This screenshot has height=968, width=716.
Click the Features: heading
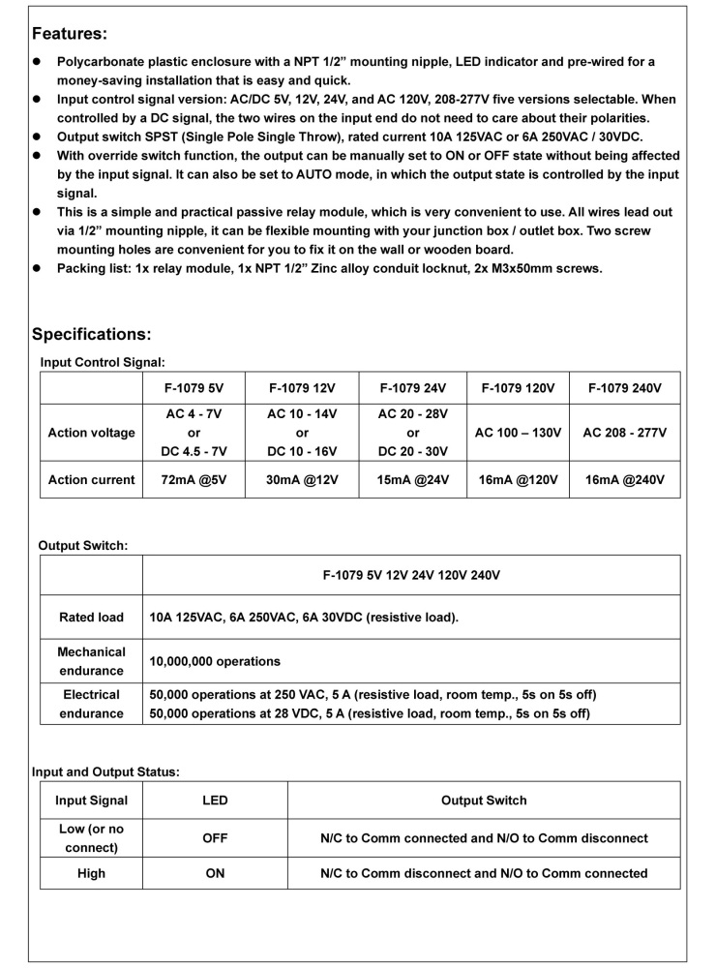click(x=70, y=34)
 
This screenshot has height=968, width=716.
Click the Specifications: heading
click(x=92, y=334)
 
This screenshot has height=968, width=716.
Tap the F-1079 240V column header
click(x=625, y=388)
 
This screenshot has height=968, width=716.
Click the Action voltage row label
click(x=91, y=433)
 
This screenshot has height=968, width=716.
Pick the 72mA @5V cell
click(x=194, y=480)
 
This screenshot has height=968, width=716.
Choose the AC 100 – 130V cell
click(x=518, y=433)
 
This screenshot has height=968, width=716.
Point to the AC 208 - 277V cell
click(x=625, y=433)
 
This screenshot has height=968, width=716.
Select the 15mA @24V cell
click(x=413, y=480)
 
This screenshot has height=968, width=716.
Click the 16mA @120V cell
click(x=518, y=480)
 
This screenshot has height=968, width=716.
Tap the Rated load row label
click(x=91, y=617)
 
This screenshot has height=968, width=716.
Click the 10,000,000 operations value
click(x=215, y=661)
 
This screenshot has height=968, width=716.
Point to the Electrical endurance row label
click(x=91, y=704)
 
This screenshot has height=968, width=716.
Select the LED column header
click(x=215, y=801)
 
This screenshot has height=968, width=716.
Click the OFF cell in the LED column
click(x=215, y=838)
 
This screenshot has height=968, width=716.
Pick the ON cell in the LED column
click(x=215, y=873)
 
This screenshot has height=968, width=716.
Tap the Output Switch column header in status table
click(x=484, y=801)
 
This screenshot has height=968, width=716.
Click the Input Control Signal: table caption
click(x=103, y=361)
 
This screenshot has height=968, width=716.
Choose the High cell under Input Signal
click(x=91, y=873)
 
